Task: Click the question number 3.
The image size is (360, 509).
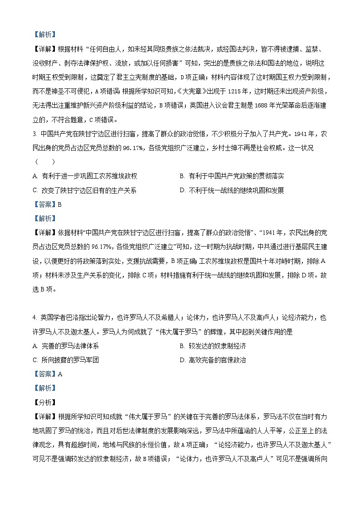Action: [x=34, y=134]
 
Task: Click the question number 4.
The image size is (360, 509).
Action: [x=34, y=318]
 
